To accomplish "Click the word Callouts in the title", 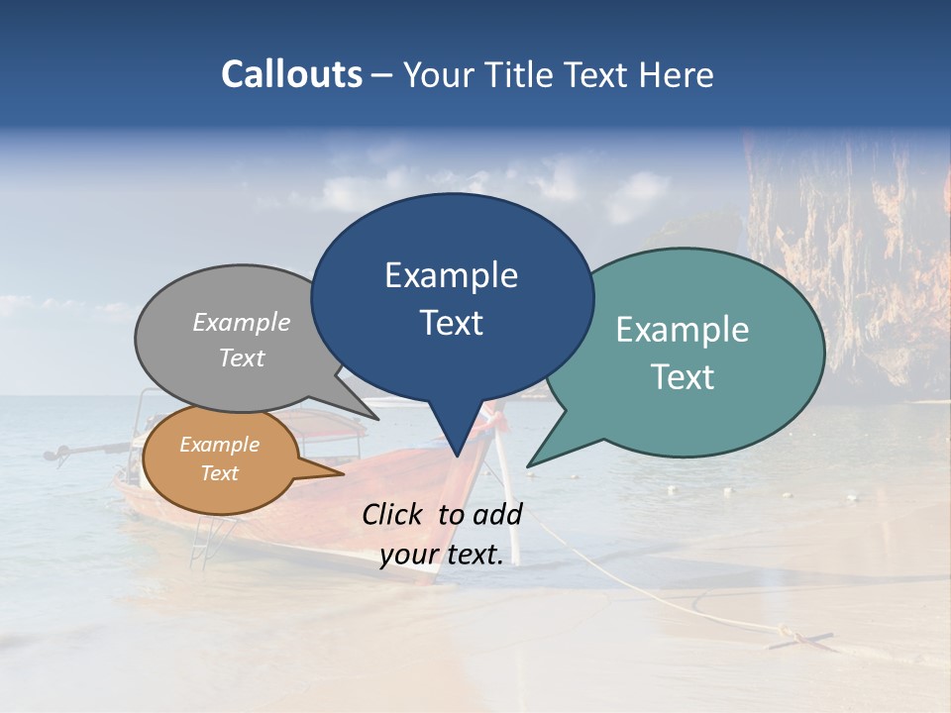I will pyautogui.click(x=292, y=75).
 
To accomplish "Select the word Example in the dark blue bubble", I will pyautogui.click(x=451, y=275).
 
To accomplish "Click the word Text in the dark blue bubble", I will pyautogui.click(x=451, y=323).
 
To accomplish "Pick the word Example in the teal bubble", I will pyautogui.click(x=683, y=330).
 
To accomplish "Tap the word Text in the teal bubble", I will pyautogui.click(x=683, y=377).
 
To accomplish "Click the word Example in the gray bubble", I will pyautogui.click(x=242, y=323).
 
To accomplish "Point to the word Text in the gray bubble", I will pyautogui.click(x=242, y=358).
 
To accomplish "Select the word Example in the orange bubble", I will pyautogui.click(x=219, y=445).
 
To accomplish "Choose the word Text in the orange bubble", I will pyautogui.click(x=219, y=473).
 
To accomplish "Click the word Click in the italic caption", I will pyautogui.click(x=394, y=514).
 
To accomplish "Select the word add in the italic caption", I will pyautogui.click(x=496, y=514).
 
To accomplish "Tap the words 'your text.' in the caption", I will pyautogui.click(x=442, y=556).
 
